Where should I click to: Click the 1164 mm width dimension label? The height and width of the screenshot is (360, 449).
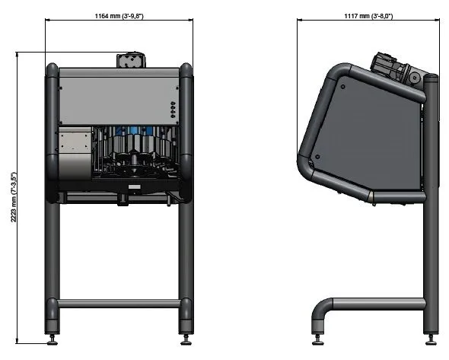[119, 16]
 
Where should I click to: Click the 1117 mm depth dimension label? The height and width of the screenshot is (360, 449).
[368, 16]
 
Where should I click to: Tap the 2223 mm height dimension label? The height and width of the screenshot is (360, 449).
[14, 197]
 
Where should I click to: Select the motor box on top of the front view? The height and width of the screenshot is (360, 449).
[131, 60]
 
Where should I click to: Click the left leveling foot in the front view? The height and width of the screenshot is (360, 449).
[53, 339]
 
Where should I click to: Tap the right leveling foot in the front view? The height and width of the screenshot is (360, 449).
[186, 339]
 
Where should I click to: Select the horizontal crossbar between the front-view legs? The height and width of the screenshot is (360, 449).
[119, 304]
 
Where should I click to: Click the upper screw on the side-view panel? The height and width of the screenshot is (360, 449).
[342, 87]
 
